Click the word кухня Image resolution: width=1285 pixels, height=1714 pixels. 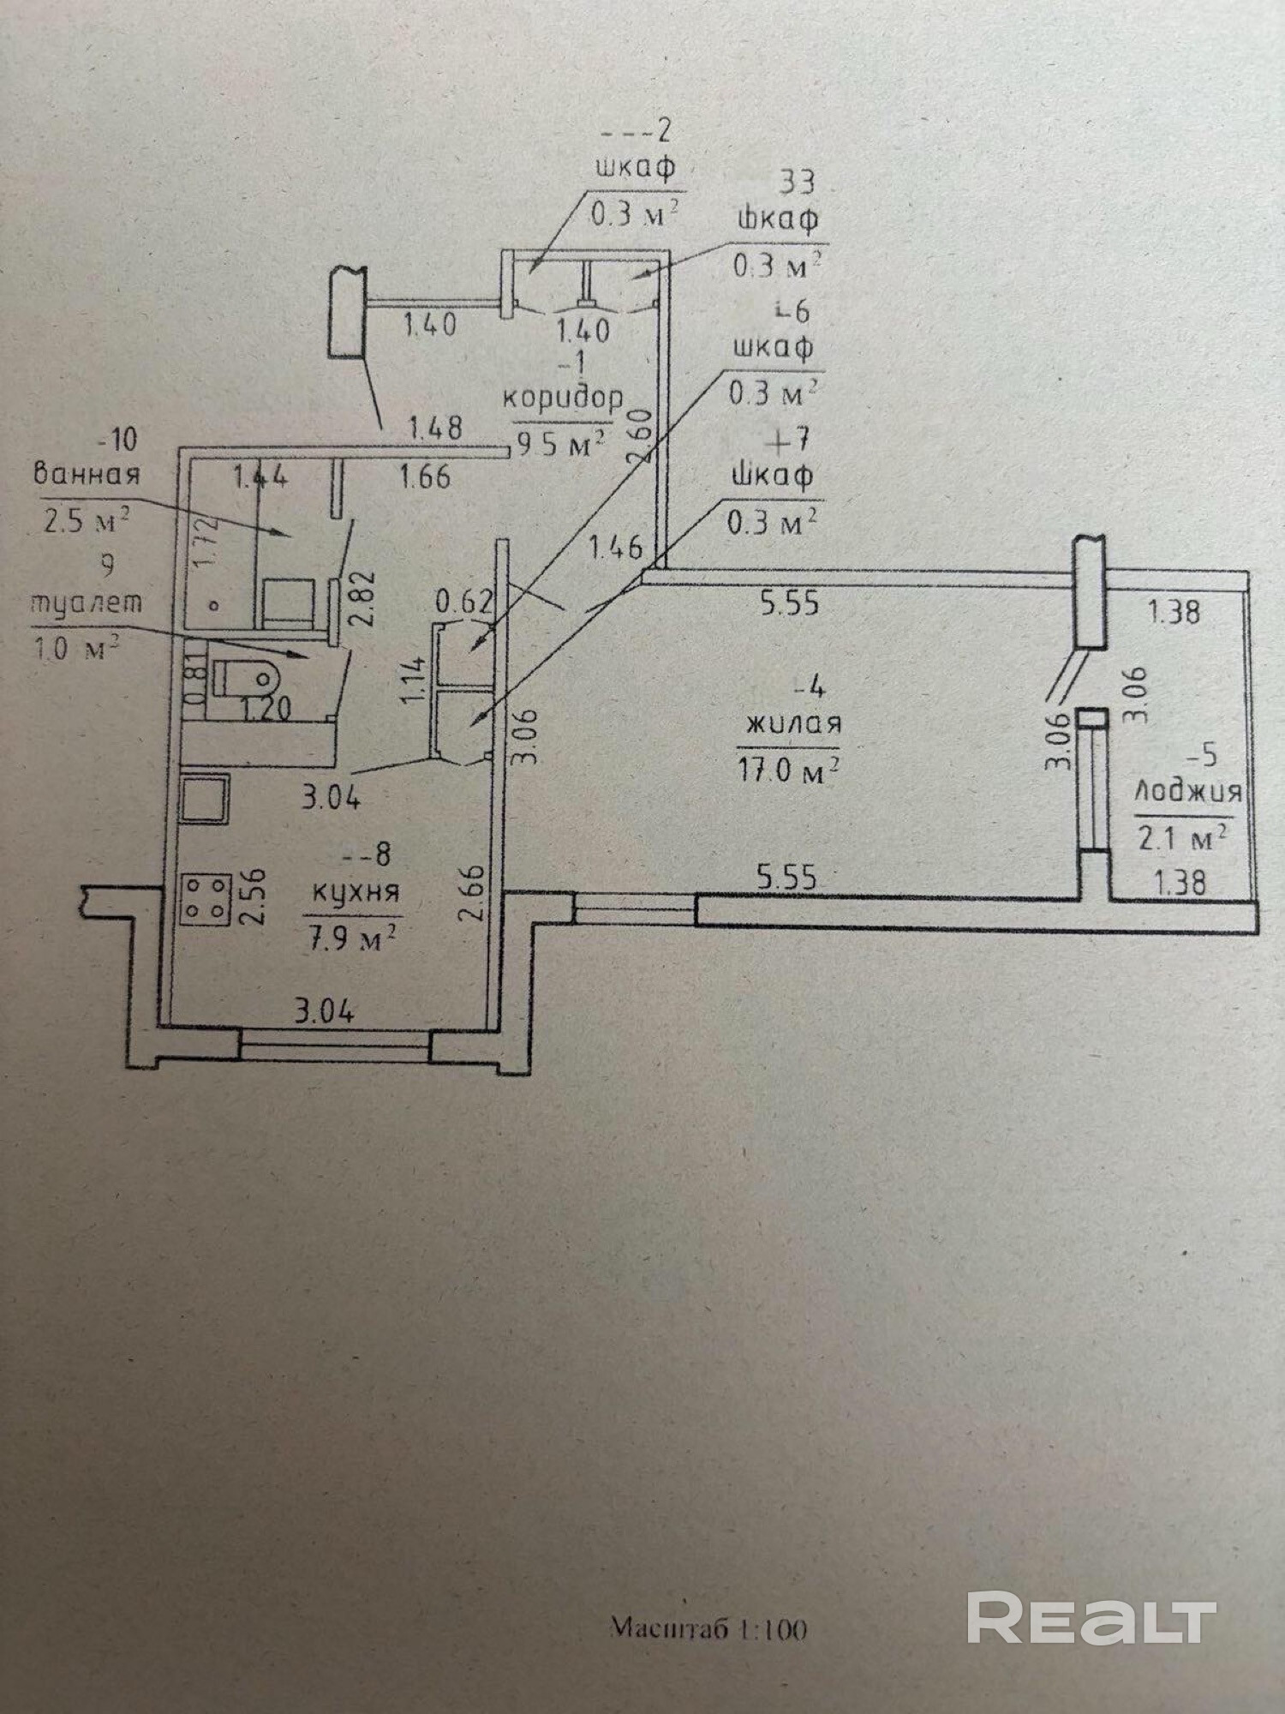click(356, 893)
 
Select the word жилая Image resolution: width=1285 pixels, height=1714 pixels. click(794, 724)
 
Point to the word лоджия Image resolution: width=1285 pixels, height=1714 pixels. click(1187, 791)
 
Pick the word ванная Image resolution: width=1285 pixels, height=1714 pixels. click(86, 474)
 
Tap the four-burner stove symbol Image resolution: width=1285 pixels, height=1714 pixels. click(206, 898)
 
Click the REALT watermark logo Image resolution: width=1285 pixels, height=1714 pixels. click(1091, 1617)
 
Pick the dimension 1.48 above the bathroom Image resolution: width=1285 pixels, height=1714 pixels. click(435, 427)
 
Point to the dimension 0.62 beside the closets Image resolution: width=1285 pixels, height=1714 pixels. click(463, 602)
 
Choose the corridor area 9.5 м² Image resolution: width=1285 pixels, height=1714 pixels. click(561, 443)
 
